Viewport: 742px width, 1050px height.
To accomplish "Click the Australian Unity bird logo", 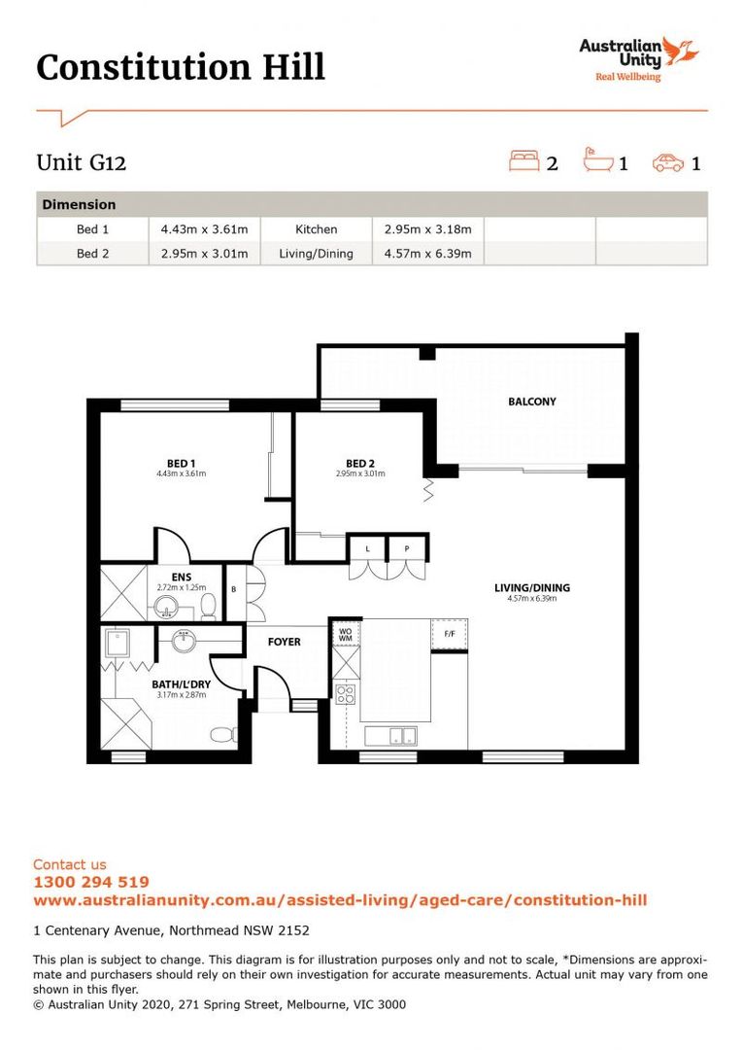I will [683, 50].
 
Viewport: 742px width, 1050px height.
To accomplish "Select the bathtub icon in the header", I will [598, 160].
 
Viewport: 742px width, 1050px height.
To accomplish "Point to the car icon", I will [669, 162].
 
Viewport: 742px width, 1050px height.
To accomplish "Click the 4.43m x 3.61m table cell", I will [204, 229].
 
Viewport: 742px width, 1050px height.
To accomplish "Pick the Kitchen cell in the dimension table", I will [317, 229].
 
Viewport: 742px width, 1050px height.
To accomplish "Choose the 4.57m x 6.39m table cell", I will [427, 254].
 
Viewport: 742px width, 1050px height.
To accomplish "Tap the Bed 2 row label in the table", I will [93, 254].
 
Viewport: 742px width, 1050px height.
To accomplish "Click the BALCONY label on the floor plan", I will [532, 402].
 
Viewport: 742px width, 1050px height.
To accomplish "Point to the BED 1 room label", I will [181, 463].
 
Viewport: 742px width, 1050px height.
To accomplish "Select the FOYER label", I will [285, 642].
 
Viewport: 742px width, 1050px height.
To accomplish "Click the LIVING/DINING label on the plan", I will [531, 587].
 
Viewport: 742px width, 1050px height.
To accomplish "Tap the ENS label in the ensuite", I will [181, 577].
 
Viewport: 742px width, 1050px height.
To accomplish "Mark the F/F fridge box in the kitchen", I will [450, 634].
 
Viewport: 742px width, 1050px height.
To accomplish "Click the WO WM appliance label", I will [345, 634].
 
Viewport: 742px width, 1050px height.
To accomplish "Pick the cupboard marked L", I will [367, 549].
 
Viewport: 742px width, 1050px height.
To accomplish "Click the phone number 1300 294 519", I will [90, 882].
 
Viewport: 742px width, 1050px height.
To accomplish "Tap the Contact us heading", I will [70, 864].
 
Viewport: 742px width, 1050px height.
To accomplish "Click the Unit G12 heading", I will [82, 162].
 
